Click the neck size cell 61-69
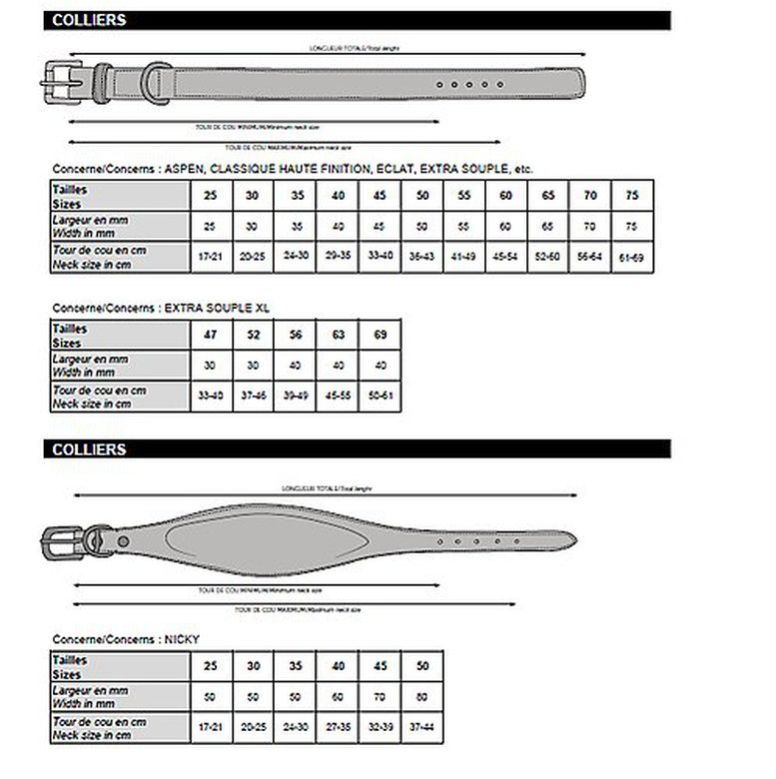point(631,258)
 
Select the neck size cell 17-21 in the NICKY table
point(210,728)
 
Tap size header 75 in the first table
point(631,195)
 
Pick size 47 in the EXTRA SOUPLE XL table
point(210,335)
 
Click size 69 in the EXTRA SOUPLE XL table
point(380,335)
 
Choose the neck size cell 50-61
point(380,396)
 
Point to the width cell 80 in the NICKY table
point(422,696)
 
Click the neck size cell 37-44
point(422,728)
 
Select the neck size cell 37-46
point(253,396)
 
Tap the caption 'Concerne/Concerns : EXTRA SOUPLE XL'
point(160,309)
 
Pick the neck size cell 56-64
point(589,258)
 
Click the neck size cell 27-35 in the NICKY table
point(338,728)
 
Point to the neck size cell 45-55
point(338,396)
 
